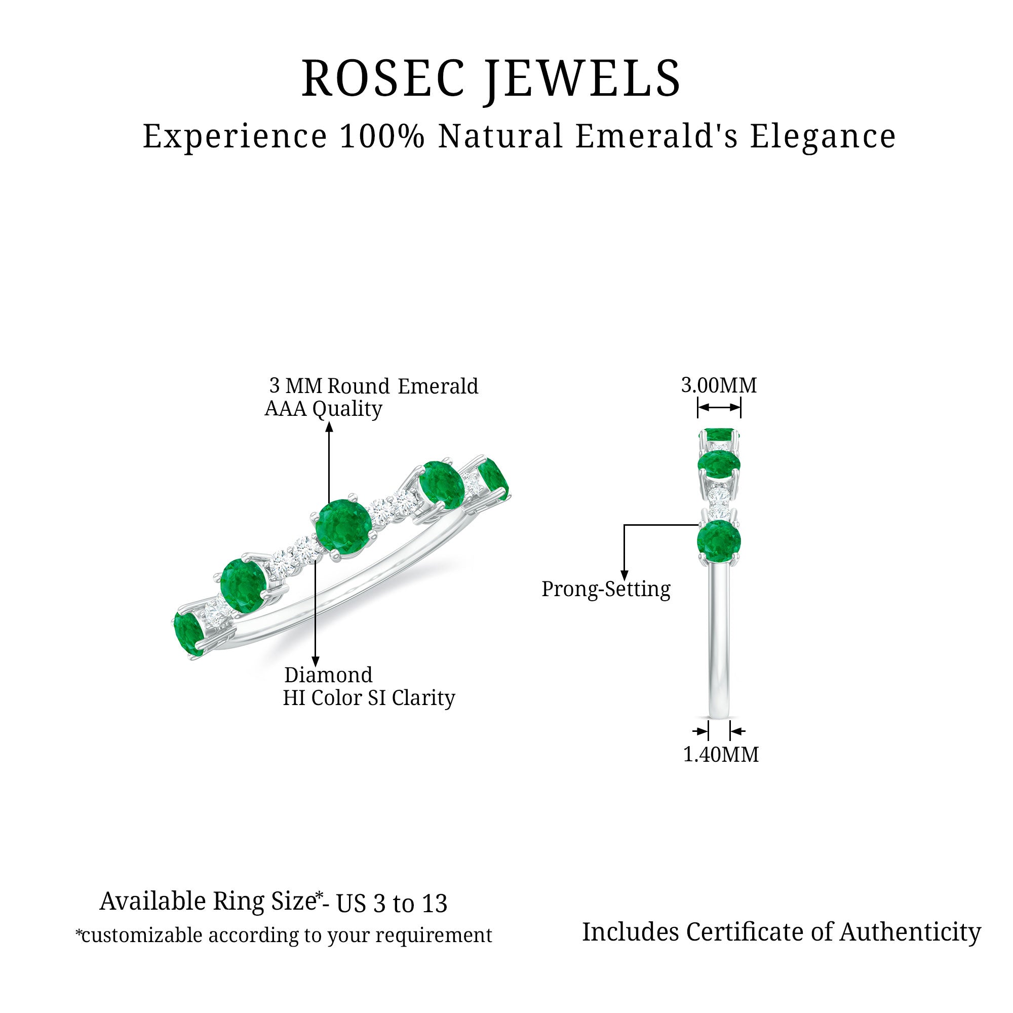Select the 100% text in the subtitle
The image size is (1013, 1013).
tap(382, 137)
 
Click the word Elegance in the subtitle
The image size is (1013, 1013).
tap(823, 137)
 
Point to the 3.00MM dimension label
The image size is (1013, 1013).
tap(719, 386)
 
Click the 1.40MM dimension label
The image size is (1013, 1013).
tap(721, 755)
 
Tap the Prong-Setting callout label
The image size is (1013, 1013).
tap(606, 589)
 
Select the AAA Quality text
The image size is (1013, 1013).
tap(324, 408)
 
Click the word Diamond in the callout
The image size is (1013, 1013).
tap(328, 675)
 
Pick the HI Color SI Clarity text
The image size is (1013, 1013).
tap(369, 698)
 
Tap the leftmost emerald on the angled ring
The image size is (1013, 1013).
tap(189, 634)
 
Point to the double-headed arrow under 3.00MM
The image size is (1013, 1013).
tap(719, 407)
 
